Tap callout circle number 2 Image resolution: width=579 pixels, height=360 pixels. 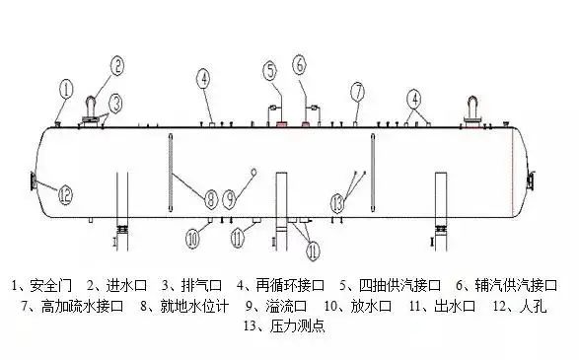(x=116, y=66)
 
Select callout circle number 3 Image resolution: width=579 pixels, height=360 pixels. (x=116, y=101)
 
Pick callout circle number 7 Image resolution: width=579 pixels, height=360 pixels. (x=356, y=92)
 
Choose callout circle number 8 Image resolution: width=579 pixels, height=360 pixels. (x=210, y=199)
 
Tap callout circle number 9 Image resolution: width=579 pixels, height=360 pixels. (x=229, y=199)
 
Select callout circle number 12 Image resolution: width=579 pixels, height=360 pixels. (x=65, y=194)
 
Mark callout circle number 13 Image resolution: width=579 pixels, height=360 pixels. (x=338, y=202)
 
